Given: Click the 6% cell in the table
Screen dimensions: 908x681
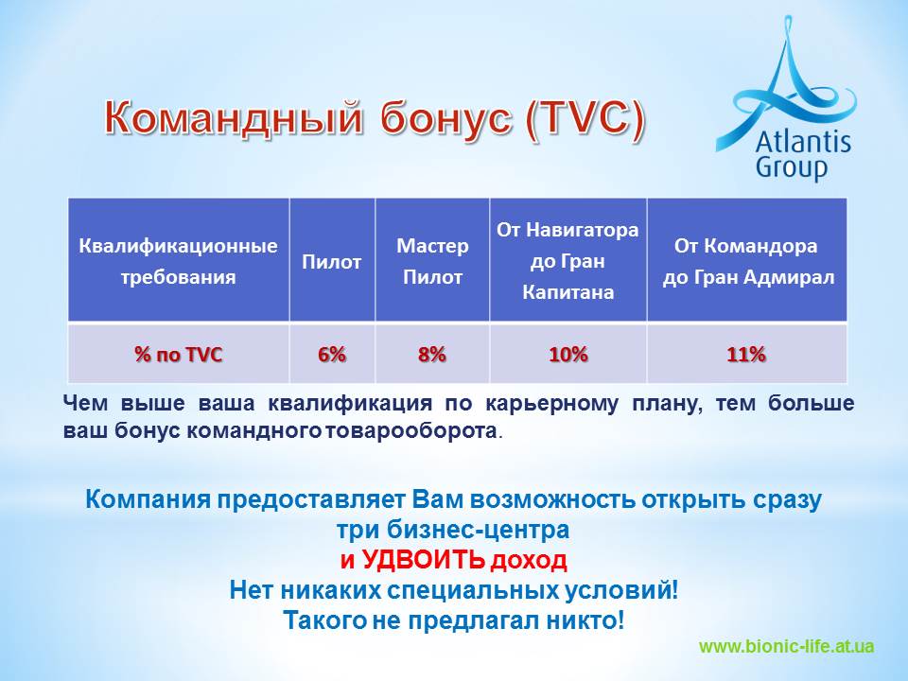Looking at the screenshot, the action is click(x=332, y=354).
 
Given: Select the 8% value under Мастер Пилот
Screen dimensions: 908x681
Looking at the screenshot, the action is click(x=432, y=354).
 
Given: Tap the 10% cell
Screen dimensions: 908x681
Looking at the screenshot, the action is click(x=568, y=354).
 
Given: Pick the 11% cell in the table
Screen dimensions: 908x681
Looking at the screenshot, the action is click(x=746, y=354).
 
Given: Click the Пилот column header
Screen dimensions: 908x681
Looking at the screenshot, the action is click(x=332, y=262).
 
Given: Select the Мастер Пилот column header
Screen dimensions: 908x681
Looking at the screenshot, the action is click(x=432, y=261).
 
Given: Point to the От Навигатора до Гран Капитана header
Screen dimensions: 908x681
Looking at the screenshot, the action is click(x=567, y=261).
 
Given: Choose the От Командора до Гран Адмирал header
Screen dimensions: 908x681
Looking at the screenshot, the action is click(x=747, y=261).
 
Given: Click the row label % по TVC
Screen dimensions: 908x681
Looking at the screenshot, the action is click(x=179, y=354).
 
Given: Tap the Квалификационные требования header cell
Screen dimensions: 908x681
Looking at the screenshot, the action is click(x=179, y=261).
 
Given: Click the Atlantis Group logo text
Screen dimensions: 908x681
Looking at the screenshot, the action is click(x=803, y=154).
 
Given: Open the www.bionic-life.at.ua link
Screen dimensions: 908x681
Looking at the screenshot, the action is click(x=786, y=646).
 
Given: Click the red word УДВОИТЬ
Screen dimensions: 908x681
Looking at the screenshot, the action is click(x=424, y=559).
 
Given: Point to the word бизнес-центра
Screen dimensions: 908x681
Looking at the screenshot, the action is click(x=478, y=530).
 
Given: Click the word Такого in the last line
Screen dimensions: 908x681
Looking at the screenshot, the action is click(x=324, y=620).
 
